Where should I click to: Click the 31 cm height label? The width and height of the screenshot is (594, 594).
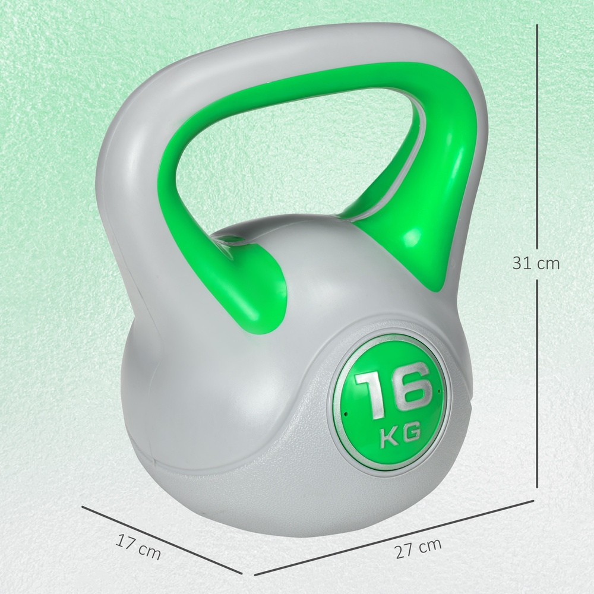[536, 263]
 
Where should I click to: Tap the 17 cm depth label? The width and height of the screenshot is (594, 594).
[138, 547]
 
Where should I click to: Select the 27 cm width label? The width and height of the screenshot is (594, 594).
[418, 548]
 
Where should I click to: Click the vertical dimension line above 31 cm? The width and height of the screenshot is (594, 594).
[538, 137]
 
